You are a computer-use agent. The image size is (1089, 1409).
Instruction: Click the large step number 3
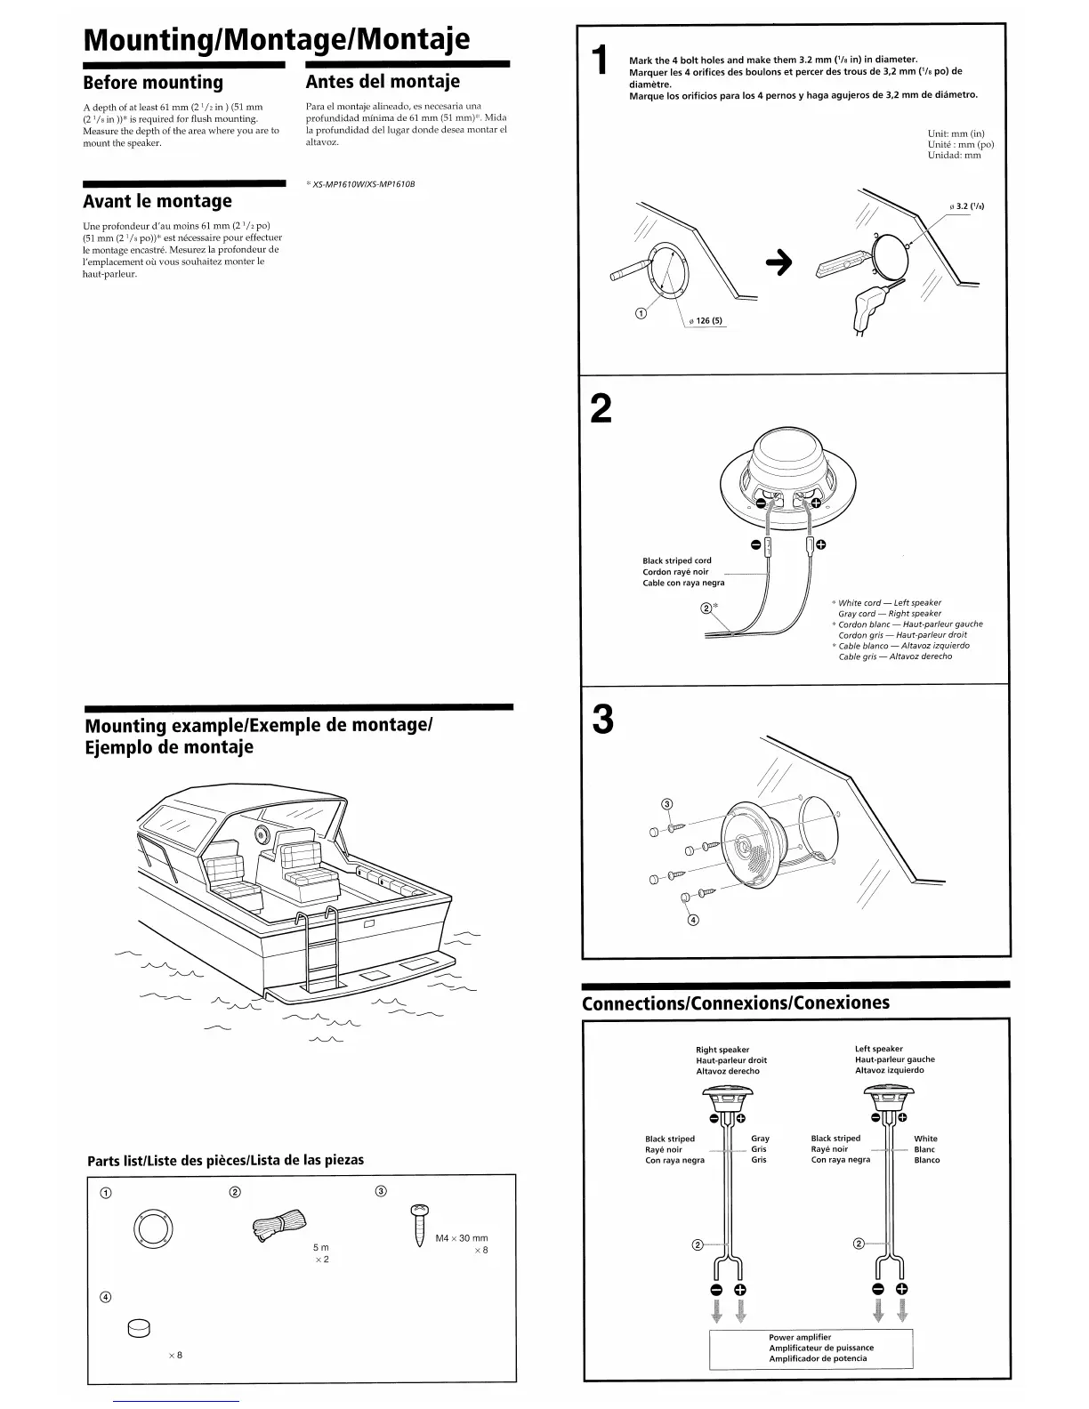[x=602, y=719]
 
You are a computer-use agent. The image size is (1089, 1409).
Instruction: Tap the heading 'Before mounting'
[x=153, y=83]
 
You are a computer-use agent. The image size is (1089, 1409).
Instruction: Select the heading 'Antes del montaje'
[x=383, y=82]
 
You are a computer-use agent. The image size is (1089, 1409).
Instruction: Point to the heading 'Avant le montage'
[x=157, y=201]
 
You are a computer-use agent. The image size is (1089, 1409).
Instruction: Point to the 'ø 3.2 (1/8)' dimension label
[x=965, y=207]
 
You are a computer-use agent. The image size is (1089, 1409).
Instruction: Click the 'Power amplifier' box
[x=811, y=1348]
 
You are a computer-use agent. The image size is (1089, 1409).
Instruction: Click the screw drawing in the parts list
[x=419, y=1227]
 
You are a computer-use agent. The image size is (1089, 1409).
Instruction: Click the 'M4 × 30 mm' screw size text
[x=461, y=1238]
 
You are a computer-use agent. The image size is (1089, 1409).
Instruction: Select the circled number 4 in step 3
[x=694, y=920]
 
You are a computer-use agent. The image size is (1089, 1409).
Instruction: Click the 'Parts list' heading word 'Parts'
[x=105, y=1160]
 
